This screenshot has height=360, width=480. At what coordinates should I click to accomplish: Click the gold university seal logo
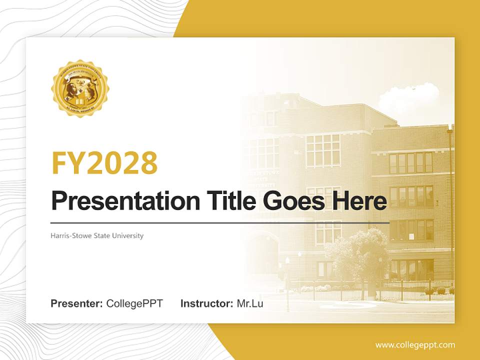pos(79,89)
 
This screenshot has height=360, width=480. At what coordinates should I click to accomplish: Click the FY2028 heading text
pos(104,163)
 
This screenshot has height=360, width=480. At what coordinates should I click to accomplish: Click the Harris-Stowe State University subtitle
pos(97,235)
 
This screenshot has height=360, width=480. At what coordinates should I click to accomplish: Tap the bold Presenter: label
pos(77,303)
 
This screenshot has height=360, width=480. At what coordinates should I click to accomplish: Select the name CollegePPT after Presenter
pos(134,303)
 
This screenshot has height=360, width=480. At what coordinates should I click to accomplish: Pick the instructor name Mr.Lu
pos(249,303)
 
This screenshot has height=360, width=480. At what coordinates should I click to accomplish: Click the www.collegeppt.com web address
pos(415,345)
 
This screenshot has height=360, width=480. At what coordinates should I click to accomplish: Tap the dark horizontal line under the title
pos(220,222)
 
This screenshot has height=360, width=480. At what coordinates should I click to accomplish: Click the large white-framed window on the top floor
pos(322,150)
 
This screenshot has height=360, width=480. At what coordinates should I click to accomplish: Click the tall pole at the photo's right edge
pos(450,210)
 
